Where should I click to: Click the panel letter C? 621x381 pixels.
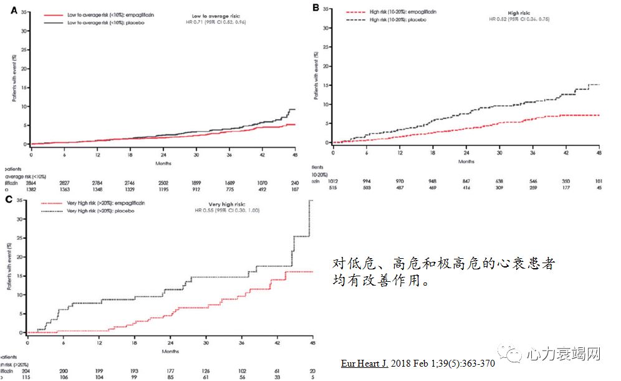coord(7,199)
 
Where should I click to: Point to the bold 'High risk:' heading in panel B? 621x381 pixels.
coord(521,12)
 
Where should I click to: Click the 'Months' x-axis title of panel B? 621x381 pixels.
coord(466,162)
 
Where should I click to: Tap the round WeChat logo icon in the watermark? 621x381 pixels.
coord(514,355)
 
